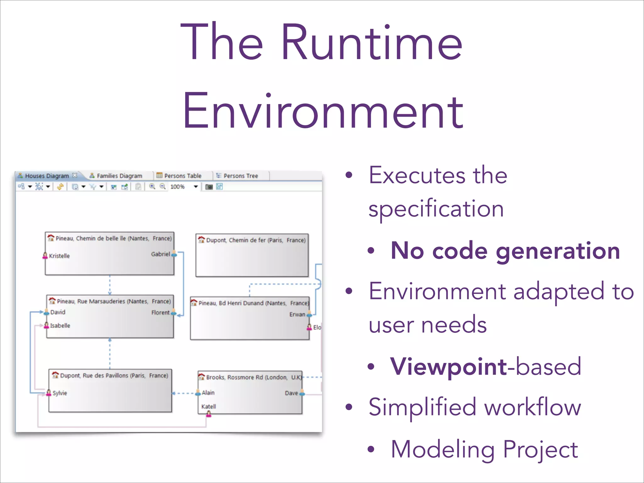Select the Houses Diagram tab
click(x=47, y=176)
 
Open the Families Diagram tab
click(x=119, y=176)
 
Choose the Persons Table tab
click(x=182, y=176)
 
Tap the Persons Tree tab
click(x=241, y=176)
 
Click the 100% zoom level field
click(x=178, y=187)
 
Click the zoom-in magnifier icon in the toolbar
click(x=152, y=186)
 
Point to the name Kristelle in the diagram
click(x=59, y=256)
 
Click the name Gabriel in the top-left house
click(x=160, y=254)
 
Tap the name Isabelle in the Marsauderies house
click(x=60, y=326)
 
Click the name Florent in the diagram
click(x=160, y=313)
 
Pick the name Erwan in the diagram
click(x=297, y=314)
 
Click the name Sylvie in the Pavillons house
click(x=60, y=393)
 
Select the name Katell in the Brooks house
click(x=208, y=407)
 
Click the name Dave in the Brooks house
click(x=291, y=393)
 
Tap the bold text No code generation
click(x=505, y=251)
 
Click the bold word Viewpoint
click(x=448, y=367)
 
